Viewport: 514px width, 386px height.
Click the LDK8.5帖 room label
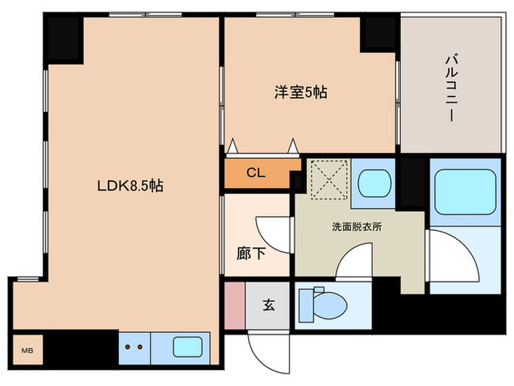129,187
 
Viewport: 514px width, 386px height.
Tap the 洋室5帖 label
300,93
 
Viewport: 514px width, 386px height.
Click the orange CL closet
256,174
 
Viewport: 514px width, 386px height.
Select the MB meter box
26,350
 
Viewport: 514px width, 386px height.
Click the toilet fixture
323,303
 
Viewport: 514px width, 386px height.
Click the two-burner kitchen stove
134,346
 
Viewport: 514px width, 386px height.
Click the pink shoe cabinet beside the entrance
234,305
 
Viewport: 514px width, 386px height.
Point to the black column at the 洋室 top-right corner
380,32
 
